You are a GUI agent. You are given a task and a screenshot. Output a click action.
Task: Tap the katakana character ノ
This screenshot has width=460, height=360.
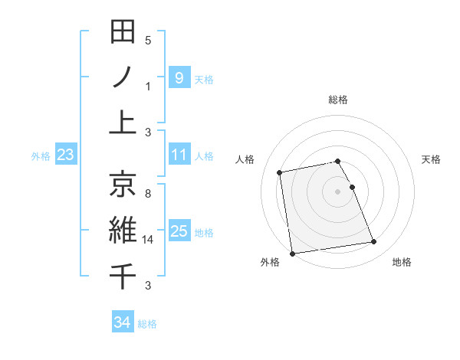pos(123,77)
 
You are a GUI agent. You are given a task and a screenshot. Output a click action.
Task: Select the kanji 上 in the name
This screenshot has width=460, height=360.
pos(123,123)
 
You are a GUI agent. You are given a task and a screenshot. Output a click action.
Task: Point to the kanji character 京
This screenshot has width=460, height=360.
pos(123,184)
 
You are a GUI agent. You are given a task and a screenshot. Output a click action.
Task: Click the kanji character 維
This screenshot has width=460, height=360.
pos(123,230)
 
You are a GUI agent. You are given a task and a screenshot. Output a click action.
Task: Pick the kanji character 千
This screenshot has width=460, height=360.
pos(123,275)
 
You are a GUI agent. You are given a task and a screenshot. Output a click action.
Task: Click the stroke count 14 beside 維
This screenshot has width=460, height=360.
pos(149,240)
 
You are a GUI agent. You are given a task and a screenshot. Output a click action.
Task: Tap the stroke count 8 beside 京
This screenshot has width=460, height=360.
pos(148,194)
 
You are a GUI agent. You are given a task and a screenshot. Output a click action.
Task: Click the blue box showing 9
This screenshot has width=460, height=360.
pos(179,77)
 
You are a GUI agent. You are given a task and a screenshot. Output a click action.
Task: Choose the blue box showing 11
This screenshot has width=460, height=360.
pos(179,155)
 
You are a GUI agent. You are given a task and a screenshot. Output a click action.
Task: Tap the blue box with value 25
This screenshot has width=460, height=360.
pos(179,231)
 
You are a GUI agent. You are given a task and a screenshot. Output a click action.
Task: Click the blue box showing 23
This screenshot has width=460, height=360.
pos(65,155)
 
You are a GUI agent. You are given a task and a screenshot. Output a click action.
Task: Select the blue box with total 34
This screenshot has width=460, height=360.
pos(122,322)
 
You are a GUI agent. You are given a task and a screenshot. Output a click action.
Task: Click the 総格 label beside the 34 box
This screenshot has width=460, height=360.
pos(147,324)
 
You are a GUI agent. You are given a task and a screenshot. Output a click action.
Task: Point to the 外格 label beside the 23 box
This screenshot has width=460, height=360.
pos(41,156)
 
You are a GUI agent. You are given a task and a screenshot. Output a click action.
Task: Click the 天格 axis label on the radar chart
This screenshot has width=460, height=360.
pos(432,159)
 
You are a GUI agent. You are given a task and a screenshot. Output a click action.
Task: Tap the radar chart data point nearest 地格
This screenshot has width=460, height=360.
pos(373,243)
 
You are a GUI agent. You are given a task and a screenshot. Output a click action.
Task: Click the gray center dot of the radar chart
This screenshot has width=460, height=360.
pos(337,191)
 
